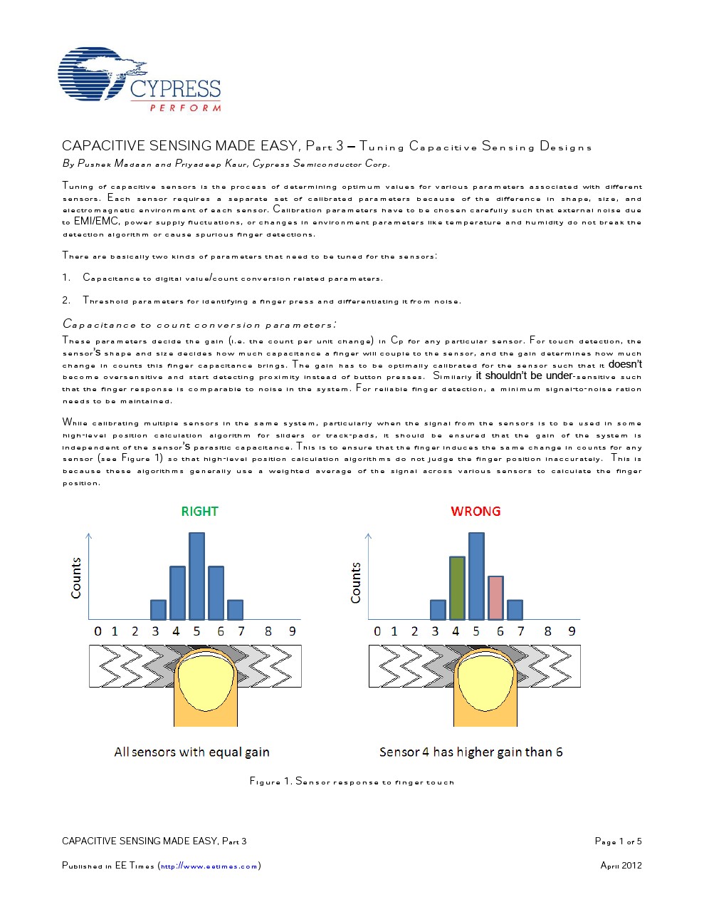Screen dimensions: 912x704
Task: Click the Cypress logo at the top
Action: click(139, 80)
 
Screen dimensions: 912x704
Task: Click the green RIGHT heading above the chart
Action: click(199, 511)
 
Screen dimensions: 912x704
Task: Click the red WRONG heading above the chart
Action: click(476, 511)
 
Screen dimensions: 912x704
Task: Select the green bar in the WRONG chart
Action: click(457, 588)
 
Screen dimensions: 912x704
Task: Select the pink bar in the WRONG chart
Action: click(495, 598)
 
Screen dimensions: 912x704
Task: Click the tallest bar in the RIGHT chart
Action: click(196, 576)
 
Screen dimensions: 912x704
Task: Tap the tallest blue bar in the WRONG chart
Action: click(476, 576)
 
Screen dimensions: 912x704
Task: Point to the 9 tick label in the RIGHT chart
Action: click(292, 631)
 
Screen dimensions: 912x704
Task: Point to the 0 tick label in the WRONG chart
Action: click(377, 631)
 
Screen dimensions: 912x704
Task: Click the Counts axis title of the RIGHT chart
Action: click(76, 578)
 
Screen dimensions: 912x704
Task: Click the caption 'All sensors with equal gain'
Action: click(191, 752)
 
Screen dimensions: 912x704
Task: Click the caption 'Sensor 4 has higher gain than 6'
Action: click(471, 752)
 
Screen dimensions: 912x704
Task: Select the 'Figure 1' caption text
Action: click(352, 782)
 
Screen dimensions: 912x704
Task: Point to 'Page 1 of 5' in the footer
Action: click(618, 841)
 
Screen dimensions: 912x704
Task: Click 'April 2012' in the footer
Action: click(621, 866)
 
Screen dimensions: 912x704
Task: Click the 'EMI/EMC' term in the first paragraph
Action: click(96, 222)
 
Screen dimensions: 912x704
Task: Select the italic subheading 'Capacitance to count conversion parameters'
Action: click(199, 325)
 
